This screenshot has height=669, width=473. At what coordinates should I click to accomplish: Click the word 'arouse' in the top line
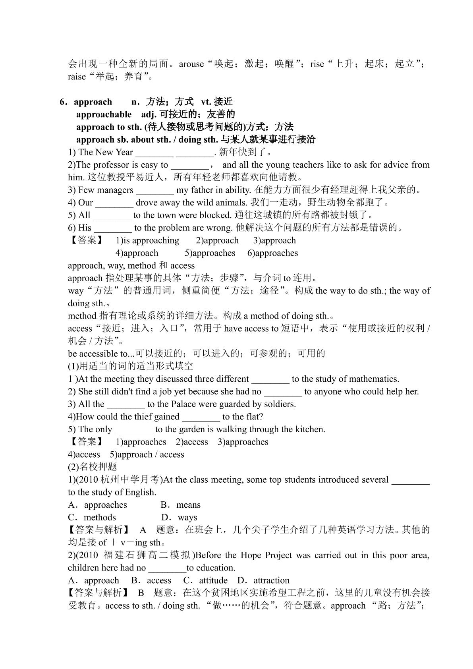click(x=191, y=64)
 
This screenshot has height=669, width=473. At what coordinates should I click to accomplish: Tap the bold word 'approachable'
click(x=104, y=114)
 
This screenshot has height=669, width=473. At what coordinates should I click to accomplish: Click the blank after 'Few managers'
click(x=154, y=190)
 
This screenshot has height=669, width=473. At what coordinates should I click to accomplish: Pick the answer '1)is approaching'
click(x=147, y=240)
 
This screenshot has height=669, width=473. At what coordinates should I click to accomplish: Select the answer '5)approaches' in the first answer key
click(x=210, y=253)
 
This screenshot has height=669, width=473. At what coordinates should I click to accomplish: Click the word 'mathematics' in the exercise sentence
click(x=375, y=379)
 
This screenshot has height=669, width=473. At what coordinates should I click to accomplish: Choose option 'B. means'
click(x=181, y=505)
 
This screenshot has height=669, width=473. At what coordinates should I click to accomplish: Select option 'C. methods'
click(x=92, y=518)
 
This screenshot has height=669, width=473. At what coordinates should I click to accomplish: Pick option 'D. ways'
click(x=180, y=518)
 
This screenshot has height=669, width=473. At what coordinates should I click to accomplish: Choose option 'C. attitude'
click(x=206, y=580)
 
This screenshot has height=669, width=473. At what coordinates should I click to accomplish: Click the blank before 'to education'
click(x=167, y=568)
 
